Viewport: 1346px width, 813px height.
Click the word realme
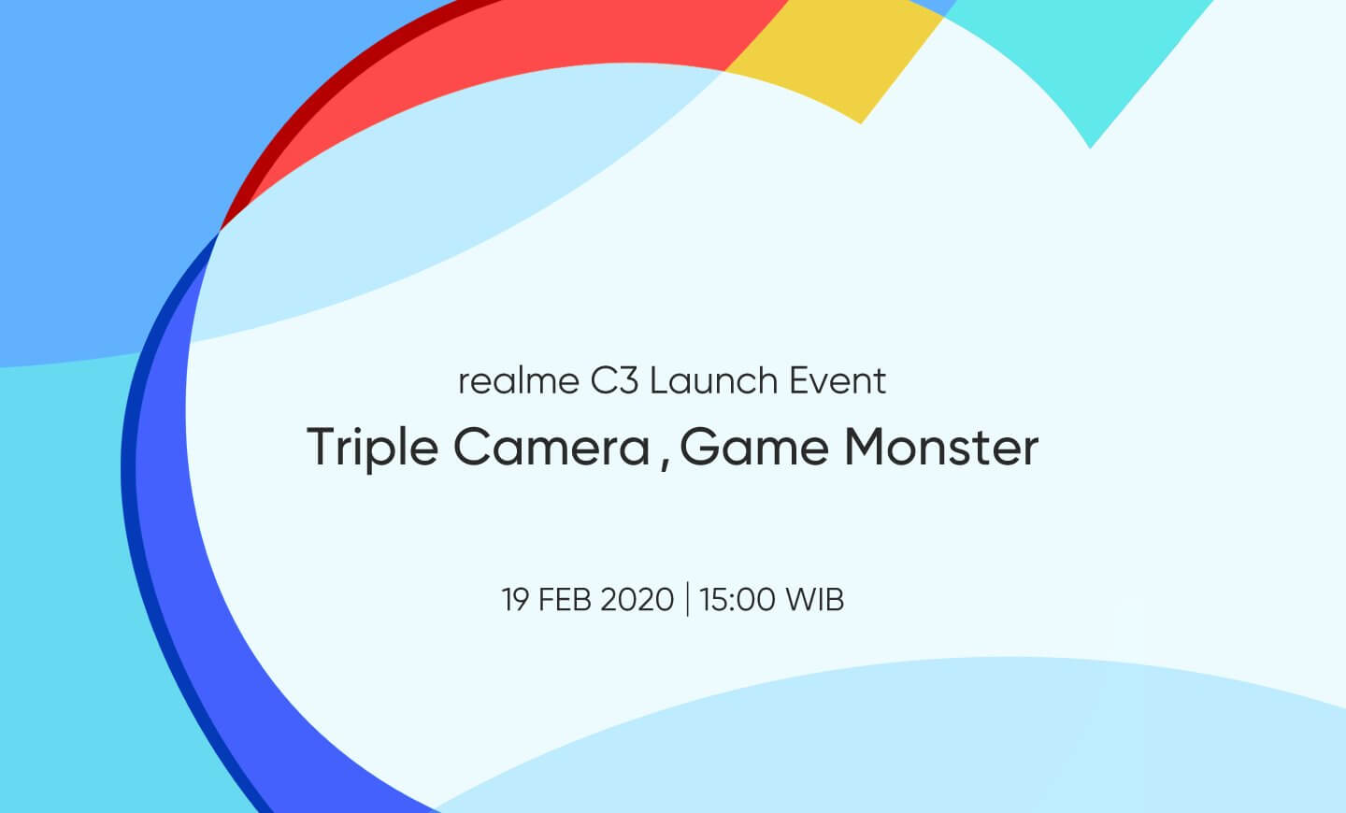519,381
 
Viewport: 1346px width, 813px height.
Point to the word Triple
373,449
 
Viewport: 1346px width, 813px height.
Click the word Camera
552,448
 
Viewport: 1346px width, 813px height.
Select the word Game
754,448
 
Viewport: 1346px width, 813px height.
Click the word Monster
942,448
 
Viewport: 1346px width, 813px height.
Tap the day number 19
514,600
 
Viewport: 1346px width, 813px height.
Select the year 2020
637,600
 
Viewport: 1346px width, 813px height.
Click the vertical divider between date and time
687,599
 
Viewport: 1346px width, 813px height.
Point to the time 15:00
737,600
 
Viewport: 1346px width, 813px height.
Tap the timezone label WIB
815,600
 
